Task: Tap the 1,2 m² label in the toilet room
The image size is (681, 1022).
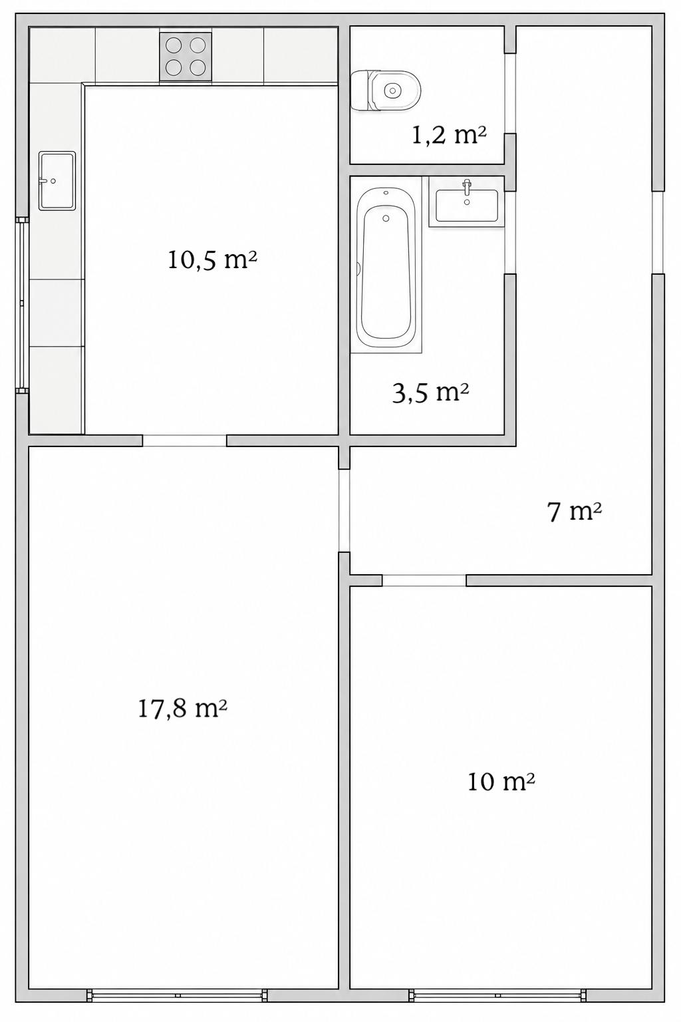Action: [449, 135]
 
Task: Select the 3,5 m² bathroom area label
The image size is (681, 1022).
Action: [430, 393]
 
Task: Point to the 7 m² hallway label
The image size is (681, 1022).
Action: [575, 512]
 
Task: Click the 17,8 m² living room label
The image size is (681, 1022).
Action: [182, 709]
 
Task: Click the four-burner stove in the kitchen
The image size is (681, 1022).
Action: [186, 57]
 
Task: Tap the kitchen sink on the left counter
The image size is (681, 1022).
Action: [57, 181]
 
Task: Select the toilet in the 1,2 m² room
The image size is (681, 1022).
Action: [386, 90]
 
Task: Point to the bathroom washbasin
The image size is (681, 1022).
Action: [467, 205]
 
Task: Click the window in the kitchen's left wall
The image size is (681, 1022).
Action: [22, 305]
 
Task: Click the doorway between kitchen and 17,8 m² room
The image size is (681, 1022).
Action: [184, 440]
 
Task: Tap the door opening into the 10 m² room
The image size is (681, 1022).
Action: [424, 580]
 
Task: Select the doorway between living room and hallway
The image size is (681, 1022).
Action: [344, 510]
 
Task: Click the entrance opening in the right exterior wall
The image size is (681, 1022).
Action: [658, 233]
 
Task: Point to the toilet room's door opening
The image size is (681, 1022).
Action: [510, 93]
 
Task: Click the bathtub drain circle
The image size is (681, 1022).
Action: [386, 218]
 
